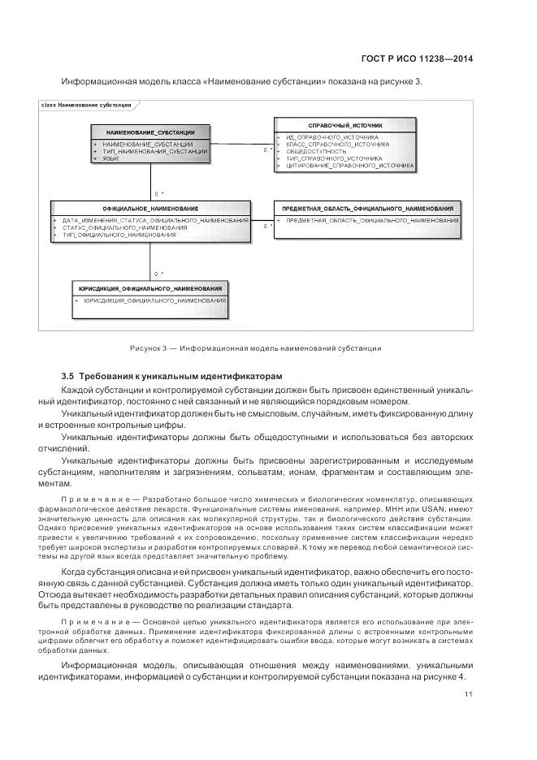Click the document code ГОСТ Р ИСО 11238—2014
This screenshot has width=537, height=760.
[415, 58]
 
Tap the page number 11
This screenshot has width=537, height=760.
[469, 694]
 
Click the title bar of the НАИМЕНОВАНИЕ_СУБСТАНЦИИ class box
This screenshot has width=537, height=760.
[149, 132]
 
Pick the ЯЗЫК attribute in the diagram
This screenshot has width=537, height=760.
[110, 158]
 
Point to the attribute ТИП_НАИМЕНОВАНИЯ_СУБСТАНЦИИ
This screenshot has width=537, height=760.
[154, 151]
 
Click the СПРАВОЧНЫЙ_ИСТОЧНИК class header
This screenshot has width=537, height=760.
[345, 126]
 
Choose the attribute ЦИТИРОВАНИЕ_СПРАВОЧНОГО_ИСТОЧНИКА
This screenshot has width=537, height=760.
[349, 165]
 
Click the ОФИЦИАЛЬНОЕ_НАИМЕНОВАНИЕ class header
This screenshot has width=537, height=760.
[150, 209]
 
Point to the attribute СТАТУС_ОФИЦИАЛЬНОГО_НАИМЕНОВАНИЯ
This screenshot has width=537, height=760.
[124, 227]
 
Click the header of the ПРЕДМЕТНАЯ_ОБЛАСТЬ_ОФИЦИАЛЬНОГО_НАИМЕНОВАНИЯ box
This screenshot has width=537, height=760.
[366, 209]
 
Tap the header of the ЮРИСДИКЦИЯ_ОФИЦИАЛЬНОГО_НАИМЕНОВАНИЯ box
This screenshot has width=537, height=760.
[150, 288]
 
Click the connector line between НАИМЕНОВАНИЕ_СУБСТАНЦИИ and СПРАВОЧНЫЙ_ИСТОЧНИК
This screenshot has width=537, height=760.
[240, 145]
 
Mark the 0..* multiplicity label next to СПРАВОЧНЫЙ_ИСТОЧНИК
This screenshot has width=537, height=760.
[267, 150]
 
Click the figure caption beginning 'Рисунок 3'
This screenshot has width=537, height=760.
[255, 348]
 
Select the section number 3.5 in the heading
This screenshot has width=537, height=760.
[67, 376]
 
